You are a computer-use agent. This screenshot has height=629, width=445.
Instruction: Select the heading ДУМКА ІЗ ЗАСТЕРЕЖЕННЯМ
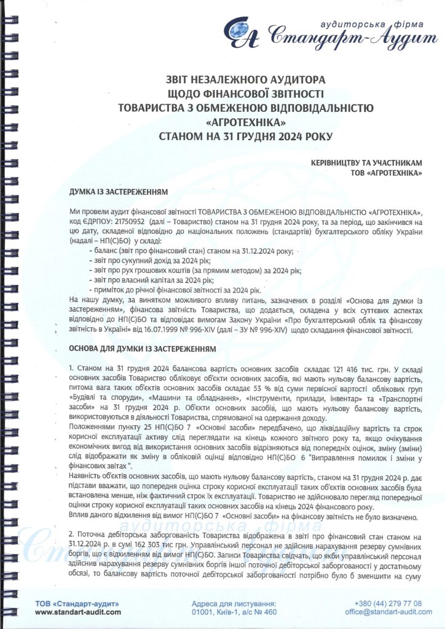coord(119,192)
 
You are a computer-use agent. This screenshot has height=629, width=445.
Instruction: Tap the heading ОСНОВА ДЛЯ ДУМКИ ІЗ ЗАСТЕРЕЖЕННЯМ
coord(143,348)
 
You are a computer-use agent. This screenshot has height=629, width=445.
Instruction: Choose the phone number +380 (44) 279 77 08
coord(388,603)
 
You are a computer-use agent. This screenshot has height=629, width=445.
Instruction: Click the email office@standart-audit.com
coord(384,612)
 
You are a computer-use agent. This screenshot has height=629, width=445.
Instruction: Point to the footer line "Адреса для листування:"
coord(234,603)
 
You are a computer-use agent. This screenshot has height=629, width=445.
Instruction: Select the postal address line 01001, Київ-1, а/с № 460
coord(234,612)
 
